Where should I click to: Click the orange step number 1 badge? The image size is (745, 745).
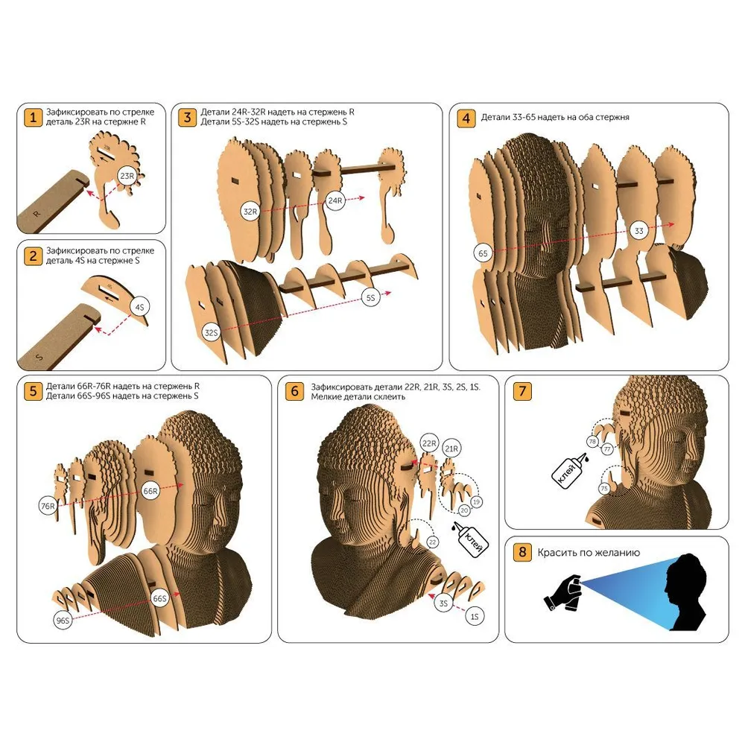click(x=33, y=117)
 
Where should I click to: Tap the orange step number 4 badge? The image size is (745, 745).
click(x=466, y=118)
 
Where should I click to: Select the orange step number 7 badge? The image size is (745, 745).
click(x=522, y=391)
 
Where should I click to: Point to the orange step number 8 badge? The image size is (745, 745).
click(x=522, y=551)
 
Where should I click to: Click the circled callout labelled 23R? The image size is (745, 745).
click(x=127, y=176)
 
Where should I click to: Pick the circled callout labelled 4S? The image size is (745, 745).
click(x=139, y=307)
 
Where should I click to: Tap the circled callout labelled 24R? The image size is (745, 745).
click(x=335, y=200)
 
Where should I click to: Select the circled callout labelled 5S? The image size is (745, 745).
click(x=370, y=298)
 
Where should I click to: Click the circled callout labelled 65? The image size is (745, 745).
click(x=483, y=253)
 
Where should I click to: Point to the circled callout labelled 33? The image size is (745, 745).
click(x=639, y=231)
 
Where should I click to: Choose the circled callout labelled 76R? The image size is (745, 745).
click(x=48, y=506)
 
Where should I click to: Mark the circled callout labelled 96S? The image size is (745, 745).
click(x=63, y=620)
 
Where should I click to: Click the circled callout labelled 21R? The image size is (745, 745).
click(x=451, y=448)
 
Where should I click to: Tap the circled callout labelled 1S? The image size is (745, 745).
click(x=474, y=616)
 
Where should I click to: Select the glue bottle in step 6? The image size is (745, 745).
click(x=470, y=539)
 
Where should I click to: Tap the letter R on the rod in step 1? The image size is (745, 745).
click(x=37, y=214)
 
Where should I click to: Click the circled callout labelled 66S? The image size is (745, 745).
click(x=160, y=598)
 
